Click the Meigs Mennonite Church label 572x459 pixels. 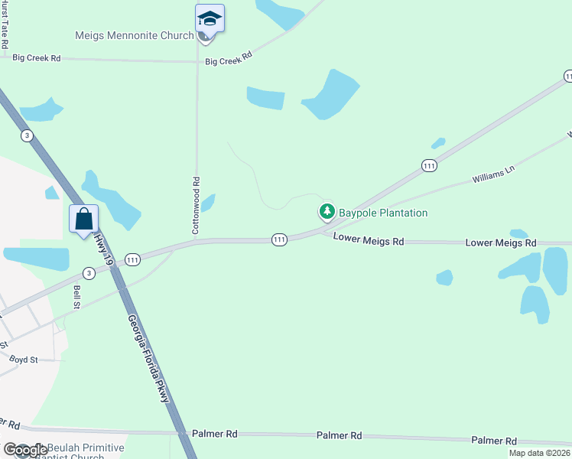pyautogui.click(x=134, y=35)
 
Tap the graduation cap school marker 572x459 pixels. pyautogui.click(x=210, y=18)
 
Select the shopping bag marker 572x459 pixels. pyautogui.click(x=83, y=220)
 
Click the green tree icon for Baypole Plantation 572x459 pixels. pyautogui.click(x=327, y=211)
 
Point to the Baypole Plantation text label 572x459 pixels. pyautogui.click(x=382, y=213)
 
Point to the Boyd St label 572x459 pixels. pyautogui.click(x=24, y=359)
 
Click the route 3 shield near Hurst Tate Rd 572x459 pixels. pyautogui.click(x=28, y=135)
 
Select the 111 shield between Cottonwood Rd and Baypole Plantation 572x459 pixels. pyautogui.click(x=279, y=240)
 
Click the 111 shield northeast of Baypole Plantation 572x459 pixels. pyautogui.click(x=429, y=165)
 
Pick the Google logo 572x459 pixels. pyautogui.click(x=25, y=450)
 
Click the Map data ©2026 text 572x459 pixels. pyautogui.click(x=539, y=453)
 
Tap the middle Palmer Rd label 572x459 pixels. pyautogui.click(x=339, y=435)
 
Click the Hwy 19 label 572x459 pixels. pyautogui.click(x=103, y=251)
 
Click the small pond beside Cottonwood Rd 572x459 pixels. pyautogui.click(x=207, y=202)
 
